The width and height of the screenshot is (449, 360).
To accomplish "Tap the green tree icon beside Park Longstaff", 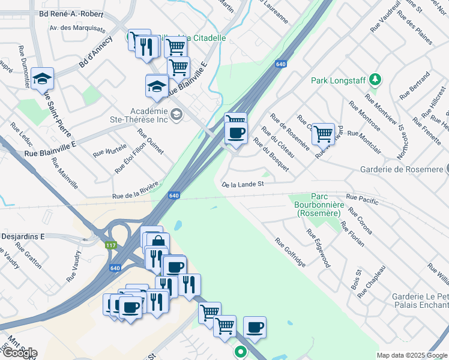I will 375,80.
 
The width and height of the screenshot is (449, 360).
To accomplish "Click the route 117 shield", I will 110,245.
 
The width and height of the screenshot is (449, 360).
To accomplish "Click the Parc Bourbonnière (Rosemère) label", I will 318,205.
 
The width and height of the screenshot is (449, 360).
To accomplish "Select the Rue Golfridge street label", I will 291,253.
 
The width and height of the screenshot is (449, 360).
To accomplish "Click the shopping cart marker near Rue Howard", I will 323,134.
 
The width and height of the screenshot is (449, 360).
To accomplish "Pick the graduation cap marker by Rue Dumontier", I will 43,79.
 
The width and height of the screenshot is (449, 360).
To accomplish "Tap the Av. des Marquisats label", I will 77,28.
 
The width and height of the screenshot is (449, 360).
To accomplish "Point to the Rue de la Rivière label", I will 136,190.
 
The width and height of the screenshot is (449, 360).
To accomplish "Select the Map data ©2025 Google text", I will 412,355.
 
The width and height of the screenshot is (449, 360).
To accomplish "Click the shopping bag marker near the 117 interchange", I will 157,243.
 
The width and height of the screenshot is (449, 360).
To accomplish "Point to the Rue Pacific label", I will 363,199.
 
